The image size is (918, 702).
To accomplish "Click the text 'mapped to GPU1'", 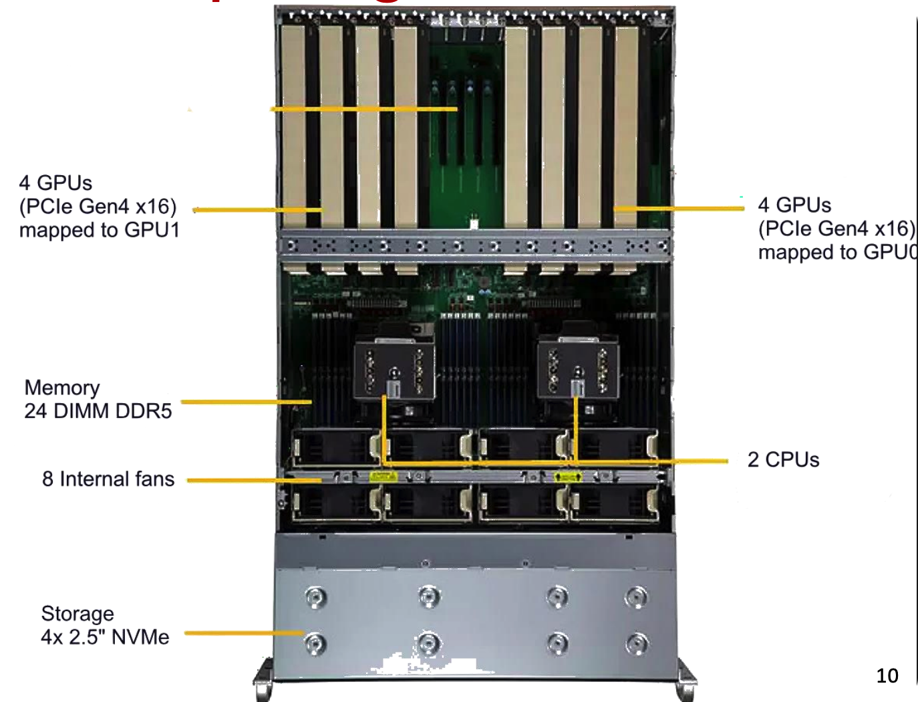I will pos(100,230).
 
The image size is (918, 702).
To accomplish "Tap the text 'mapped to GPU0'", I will pos(837,252).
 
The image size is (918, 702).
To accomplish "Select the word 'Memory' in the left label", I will pos(62,388).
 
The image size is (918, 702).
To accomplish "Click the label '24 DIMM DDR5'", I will pos(98,411).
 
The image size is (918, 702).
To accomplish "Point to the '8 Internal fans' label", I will pos(108,479).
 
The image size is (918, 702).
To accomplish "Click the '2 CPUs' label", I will pos(783,459).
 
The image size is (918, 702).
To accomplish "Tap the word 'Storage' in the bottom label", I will pos(78,613).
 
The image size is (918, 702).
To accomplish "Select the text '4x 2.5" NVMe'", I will pos(105,636).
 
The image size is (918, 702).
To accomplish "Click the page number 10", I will pos(887,676).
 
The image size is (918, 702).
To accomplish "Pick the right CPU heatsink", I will pos(578,368).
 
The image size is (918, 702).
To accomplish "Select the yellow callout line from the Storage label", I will pos(244,632).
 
